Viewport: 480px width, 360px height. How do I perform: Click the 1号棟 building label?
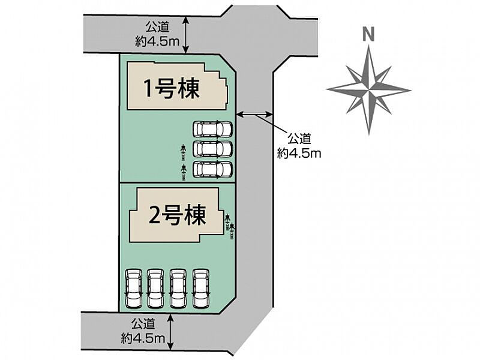click(x=172, y=89)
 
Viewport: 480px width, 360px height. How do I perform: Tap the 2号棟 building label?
click(x=177, y=215)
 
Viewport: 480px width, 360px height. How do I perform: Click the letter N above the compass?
click(x=368, y=34)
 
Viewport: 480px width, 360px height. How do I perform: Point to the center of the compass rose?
click(x=369, y=90)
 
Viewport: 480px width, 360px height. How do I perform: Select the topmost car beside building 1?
click(x=213, y=129)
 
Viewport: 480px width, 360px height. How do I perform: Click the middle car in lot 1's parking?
click(x=213, y=149)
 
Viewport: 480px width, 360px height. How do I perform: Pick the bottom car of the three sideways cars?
click(x=213, y=169)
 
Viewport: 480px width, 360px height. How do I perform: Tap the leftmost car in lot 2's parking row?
click(x=134, y=289)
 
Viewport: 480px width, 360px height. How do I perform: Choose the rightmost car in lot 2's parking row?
click(x=201, y=289)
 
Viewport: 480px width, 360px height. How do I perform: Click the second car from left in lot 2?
click(x=156, y=289)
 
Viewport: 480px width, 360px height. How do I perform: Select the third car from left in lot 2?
click(x=179, y=289)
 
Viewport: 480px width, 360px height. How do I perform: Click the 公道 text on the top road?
click(x=157, y=27)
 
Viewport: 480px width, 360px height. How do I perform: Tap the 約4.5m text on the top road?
click(x=157, y=41)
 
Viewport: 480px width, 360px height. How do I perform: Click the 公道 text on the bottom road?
click(x=143, y=323)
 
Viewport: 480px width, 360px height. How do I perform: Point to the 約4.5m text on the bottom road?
click(x=143, y=338)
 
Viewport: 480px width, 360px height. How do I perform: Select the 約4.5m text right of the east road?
click(x=299, y=153)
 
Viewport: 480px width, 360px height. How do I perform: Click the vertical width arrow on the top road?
click(x=186, y=35)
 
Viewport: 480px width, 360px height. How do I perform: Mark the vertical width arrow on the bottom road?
click(x=170, y=332)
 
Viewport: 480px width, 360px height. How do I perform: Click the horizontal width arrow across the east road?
click(x=254, y=115)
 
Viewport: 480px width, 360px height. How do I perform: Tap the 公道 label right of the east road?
click(x=299, y=139)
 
